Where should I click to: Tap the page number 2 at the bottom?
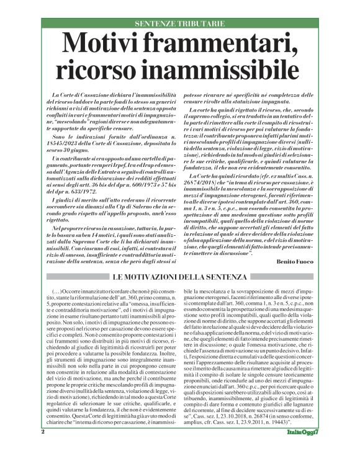coord(43,448)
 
